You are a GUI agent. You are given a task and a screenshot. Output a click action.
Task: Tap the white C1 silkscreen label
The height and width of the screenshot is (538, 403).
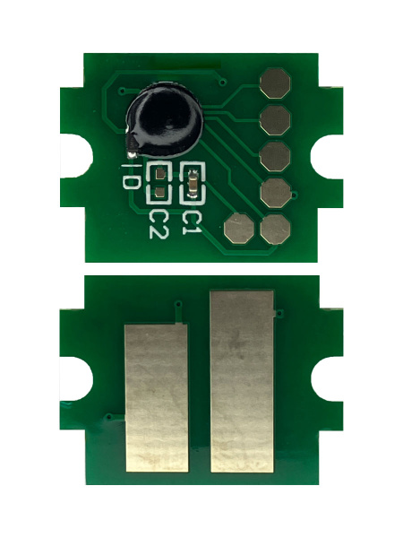click(x=190, y=222)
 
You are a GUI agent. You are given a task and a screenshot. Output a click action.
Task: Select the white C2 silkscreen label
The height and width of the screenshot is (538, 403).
click(x=159, y=223)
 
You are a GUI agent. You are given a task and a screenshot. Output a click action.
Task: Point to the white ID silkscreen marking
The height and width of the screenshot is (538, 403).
click(x=130, y=176)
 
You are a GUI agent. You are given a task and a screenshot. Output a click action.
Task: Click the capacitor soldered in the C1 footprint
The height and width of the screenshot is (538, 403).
click(x=193, y=184)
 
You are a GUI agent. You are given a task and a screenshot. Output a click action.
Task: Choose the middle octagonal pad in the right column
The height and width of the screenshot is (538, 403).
click(x=275, y=156)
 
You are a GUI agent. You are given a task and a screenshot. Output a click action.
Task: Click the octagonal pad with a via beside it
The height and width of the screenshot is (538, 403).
click(x=276, y=193)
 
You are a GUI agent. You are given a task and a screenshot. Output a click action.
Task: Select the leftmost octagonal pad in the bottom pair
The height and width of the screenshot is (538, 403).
click(x=239, y=229)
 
